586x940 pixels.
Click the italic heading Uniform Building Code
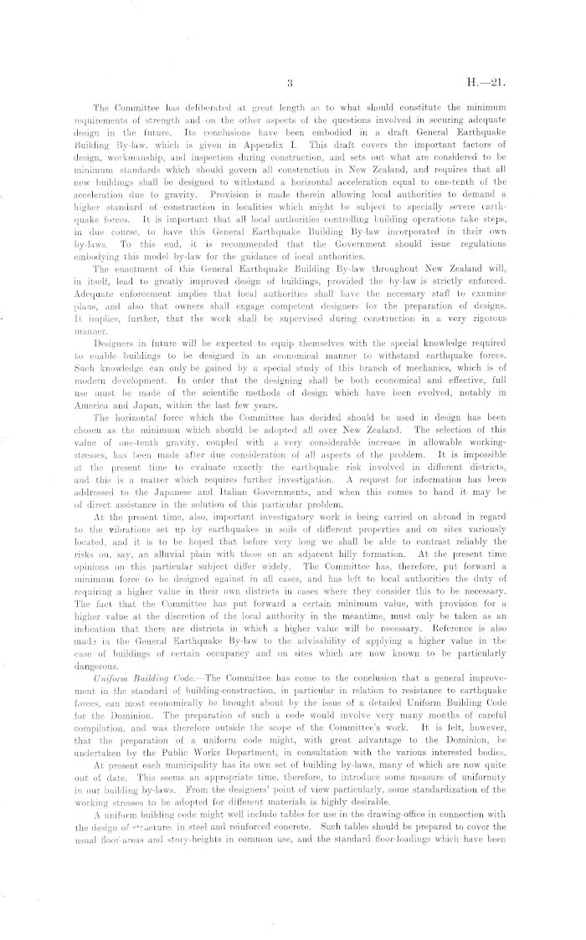156,677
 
